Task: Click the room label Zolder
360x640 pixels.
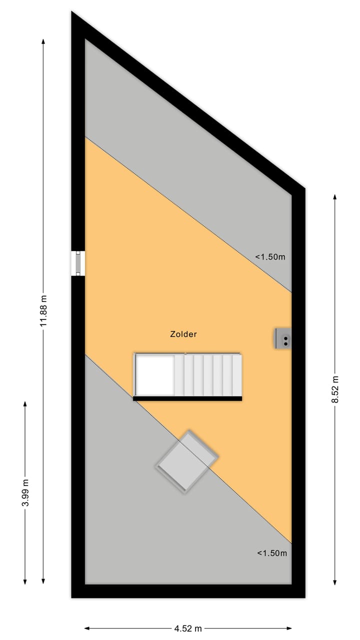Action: coord(183,334)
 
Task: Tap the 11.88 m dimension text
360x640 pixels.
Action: coord(44,310)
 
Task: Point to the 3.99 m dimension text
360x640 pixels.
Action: coord(25,493)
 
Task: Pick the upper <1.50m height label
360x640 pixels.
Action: coord(270,257)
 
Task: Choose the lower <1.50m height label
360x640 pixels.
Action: coord(272,553)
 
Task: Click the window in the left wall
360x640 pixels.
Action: coord(78,263)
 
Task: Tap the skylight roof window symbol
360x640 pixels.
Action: coord(187,461)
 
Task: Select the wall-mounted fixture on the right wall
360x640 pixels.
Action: coord(283,338)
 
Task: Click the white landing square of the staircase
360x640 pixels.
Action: coord(155,375)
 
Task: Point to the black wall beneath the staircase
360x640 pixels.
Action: coord(187,398)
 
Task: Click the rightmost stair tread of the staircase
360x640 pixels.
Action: coord(237,375)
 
